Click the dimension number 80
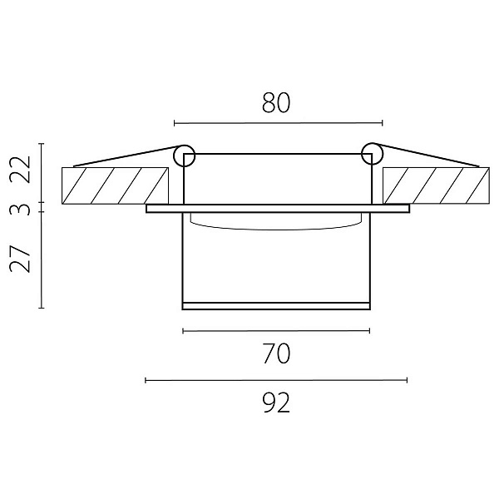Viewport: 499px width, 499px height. point(276,103)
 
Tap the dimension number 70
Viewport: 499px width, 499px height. point(277,353)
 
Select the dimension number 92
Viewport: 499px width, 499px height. point(277,403)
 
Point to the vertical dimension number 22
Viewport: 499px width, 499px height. point(20,170)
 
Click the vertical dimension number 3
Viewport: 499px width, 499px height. point(20,210)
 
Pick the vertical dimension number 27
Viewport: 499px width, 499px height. point(20,259)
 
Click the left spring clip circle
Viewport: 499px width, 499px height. point(184,156)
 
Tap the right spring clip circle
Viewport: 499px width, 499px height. point(372,154)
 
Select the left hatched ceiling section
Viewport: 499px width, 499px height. point(115,185)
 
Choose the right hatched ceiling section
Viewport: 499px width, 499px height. point(436,185)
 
